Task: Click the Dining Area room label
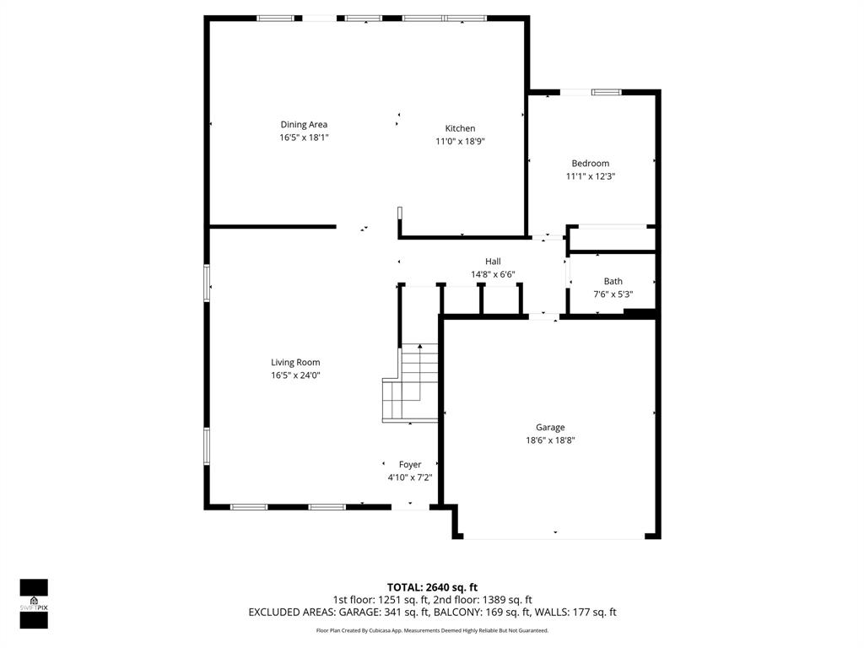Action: pos(304,125)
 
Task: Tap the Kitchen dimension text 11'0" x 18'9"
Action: pos(460,142)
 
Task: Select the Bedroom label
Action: pos(590,164)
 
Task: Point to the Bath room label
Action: pos(613,282)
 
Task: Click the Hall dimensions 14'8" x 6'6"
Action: pos(492,274)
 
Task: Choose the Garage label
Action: pos(550,428)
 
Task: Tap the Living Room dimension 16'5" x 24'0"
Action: pos(295,375)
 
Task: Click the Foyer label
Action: pos(410,465)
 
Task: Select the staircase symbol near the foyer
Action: pos(412,384)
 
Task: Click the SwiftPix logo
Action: pos(34,603)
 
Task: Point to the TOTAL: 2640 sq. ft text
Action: pos(432,587)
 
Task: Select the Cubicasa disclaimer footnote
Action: pos(432,630)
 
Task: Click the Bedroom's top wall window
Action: pos(605,92)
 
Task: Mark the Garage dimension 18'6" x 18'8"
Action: pos(550,440)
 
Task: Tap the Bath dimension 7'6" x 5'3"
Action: pos(613,294)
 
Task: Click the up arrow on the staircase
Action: pos(419,347)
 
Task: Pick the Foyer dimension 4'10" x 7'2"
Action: pos(409,478)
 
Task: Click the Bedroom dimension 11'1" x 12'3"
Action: pos(590,176)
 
